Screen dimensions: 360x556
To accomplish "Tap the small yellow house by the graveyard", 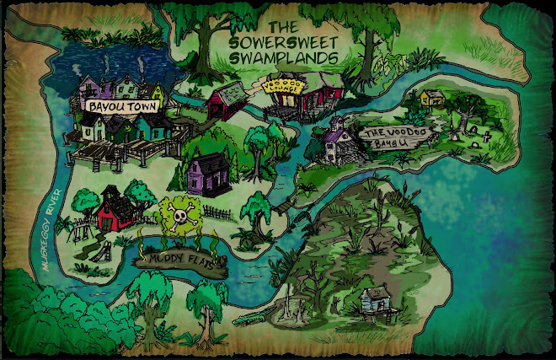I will click(431, 98).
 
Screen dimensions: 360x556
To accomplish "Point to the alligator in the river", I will click(249, 320).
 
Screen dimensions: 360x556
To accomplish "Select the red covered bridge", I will click(226, 100).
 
